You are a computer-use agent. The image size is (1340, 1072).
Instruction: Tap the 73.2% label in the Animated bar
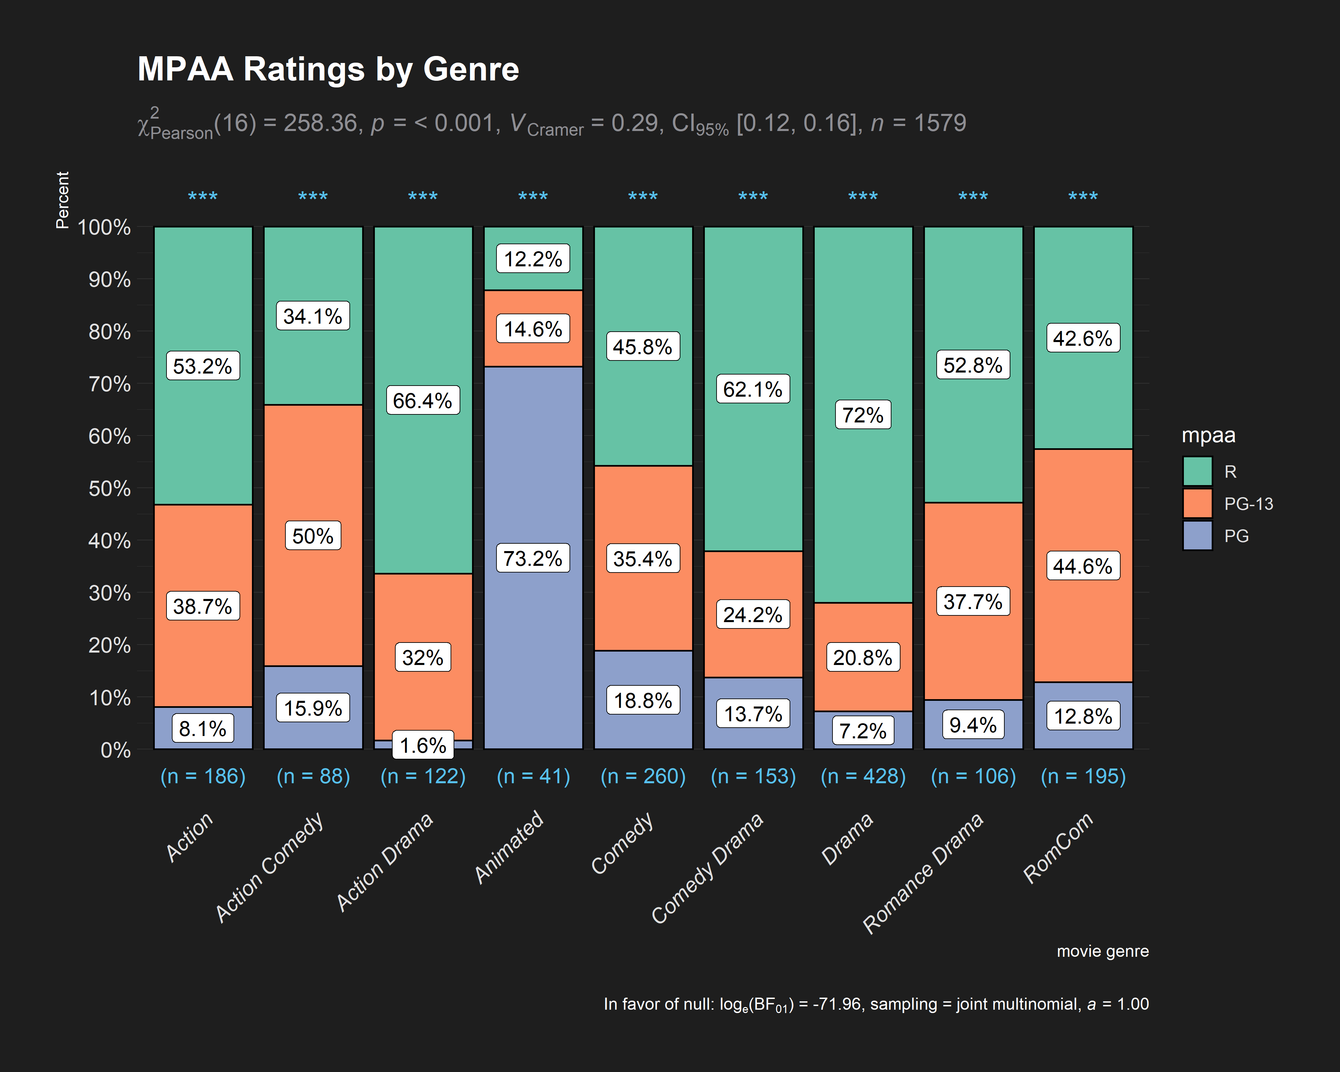coord(533,558)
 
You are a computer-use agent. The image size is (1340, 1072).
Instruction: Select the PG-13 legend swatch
coord(1197,504)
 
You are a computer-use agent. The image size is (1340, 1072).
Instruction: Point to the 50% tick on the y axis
coord(110,488)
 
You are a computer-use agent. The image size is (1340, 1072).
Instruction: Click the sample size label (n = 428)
coord(863,776)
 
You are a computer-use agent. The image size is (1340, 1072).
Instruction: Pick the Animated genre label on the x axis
coord(509,847)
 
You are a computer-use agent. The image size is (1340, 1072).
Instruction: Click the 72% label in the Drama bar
coord(863,414)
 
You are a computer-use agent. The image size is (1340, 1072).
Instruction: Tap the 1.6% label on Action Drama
coord(423,745)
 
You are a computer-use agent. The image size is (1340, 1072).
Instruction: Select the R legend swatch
coord(1197,471)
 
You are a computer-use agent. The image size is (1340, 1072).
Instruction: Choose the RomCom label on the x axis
coord(1058,847)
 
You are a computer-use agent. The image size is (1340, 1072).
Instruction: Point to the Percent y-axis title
coord(62,200)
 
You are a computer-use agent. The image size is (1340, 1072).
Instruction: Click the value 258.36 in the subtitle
coord(321,123)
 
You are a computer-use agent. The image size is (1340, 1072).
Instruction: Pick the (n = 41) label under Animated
coord(533,776)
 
